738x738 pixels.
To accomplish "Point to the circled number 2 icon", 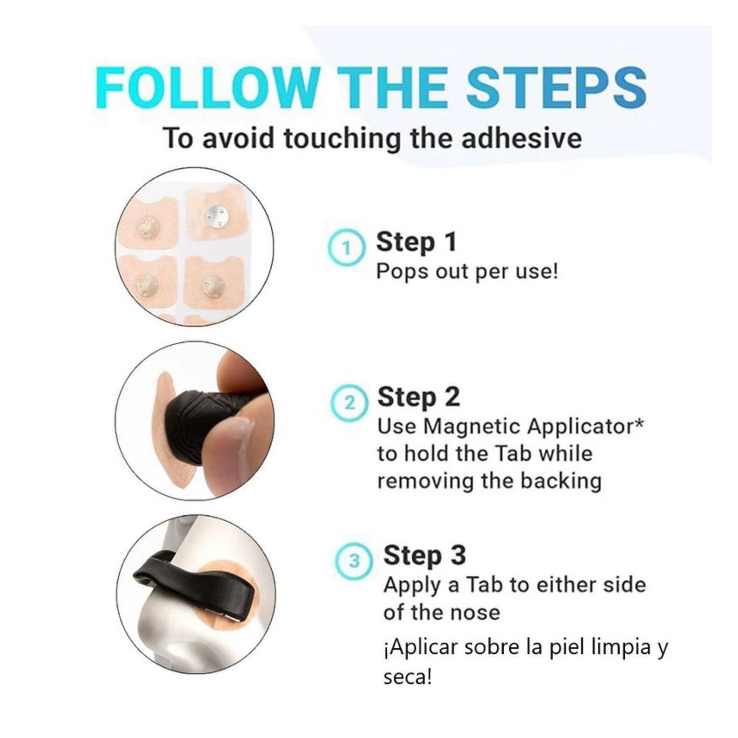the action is (349, 403).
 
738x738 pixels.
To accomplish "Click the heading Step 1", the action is (416, 243).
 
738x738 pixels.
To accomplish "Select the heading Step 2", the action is (419, 398).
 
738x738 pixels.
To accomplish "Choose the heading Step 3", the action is (425, 555).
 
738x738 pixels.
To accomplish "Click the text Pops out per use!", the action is (467, 271).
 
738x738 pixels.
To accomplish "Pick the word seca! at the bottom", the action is (408, 677).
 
